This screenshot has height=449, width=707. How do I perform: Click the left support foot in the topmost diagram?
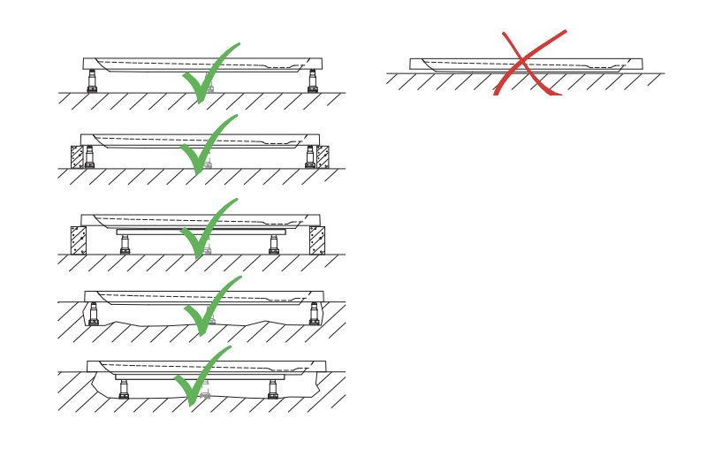tap(92, 80)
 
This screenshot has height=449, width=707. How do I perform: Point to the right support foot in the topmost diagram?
tap(313, 80)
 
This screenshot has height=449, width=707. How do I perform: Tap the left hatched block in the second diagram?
tap(77, 156)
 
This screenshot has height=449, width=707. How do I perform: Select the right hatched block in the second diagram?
tap(323, 156)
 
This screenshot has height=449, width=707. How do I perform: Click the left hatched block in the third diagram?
tap(78, 240)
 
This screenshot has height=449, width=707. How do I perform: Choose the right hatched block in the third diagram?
tap(316, 240)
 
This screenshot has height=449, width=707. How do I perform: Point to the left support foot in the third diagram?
tap(125, 244)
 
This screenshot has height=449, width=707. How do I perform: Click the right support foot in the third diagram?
tap(274, 244)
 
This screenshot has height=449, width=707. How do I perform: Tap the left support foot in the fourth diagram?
tap(93, 314)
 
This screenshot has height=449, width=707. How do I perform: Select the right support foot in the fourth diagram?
tap(314, 314)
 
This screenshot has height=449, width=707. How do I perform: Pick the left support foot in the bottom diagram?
tap(124, 389)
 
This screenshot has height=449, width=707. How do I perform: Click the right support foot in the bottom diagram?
tap(273, 389)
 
